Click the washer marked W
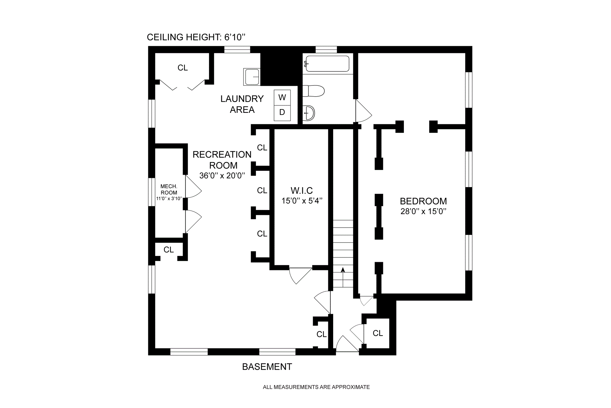(x=282, y=97)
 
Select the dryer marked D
(x=282, y=113)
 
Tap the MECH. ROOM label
(x=169, y=189)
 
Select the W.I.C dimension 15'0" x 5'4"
(x=302, y=201)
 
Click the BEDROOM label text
(x=423, y=201)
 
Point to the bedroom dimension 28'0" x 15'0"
(x=423, y=211)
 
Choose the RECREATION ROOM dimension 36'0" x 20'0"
(x=222, y=176)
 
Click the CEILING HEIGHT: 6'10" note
(x=196, y=37)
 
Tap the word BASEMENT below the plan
(x=267, y=367)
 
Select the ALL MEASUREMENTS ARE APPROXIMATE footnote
(x=316, y=387)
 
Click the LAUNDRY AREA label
(x=242, y=104)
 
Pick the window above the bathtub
(x=326, y=49)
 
